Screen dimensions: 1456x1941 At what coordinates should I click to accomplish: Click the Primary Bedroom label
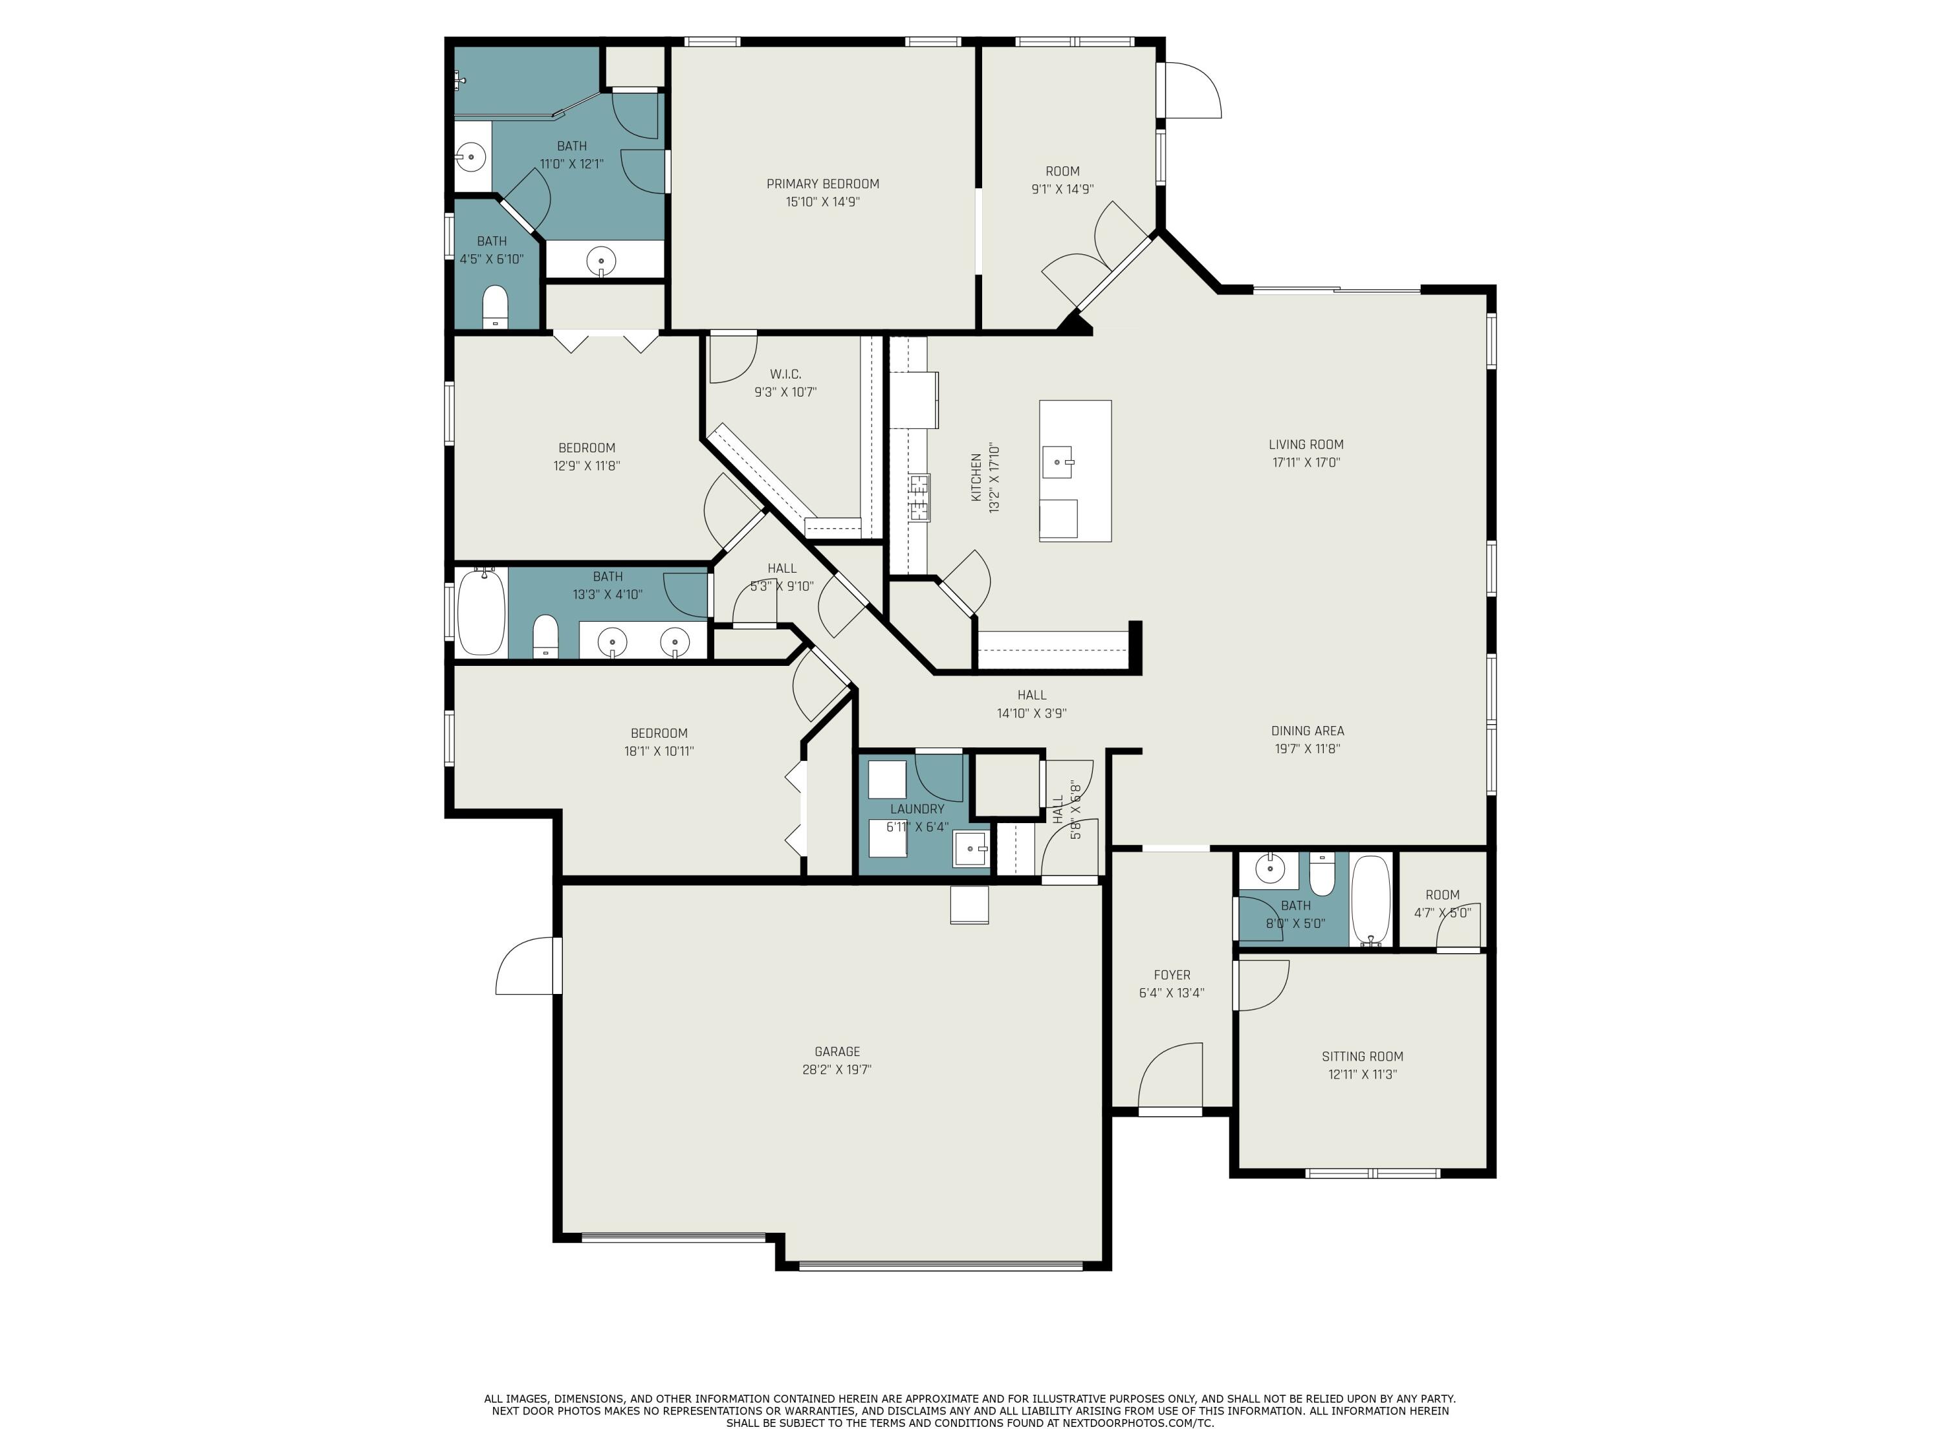822,183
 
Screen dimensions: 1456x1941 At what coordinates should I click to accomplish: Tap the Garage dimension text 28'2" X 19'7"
836,1070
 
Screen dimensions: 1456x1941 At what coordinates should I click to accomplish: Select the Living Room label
1306,444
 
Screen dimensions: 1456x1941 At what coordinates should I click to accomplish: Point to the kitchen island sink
1057,461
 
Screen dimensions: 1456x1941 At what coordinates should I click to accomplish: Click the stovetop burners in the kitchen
919,497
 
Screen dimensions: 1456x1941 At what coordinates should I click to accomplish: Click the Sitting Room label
1362,1057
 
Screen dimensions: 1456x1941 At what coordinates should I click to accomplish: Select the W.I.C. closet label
785,374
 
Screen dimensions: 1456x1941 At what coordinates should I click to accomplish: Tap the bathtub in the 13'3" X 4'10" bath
481,612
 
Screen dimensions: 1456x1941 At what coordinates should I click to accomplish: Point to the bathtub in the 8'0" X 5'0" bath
1370,899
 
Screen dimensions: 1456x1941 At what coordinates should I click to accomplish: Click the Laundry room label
917,808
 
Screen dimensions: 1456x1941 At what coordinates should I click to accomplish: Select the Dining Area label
1306,730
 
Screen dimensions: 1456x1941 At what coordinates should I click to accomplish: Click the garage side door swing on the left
527,968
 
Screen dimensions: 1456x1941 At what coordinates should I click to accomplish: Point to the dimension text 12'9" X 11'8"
586,466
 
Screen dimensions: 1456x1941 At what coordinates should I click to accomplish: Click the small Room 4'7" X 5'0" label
1442,894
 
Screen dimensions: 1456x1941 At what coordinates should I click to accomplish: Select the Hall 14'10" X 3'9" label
1031,695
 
